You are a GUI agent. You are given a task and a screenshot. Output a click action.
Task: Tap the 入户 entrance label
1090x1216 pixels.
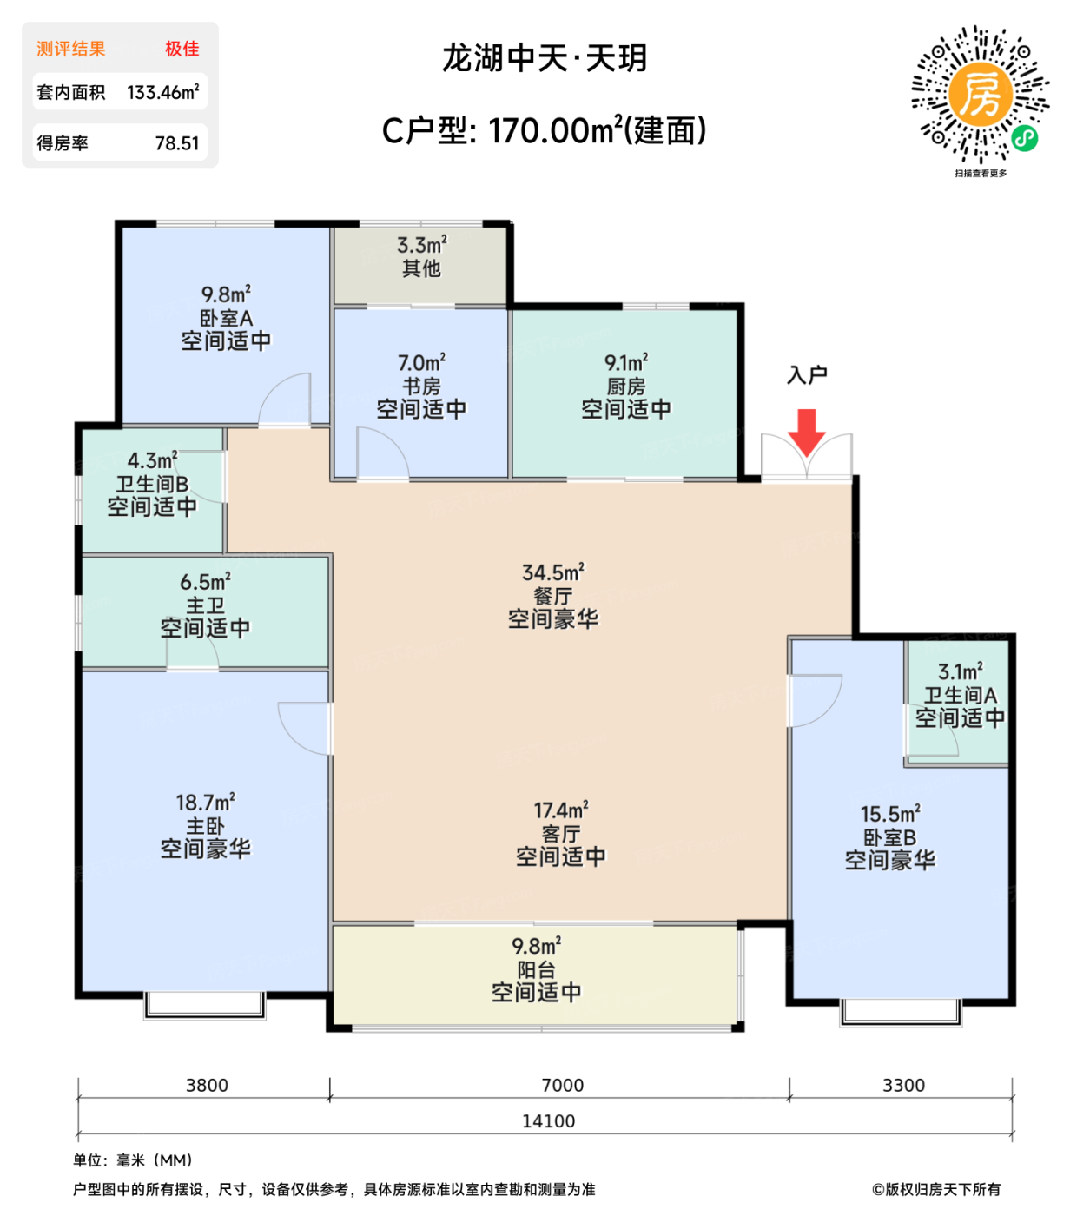(807, 374)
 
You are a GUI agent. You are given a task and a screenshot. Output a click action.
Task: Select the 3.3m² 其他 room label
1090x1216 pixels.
(421, 256)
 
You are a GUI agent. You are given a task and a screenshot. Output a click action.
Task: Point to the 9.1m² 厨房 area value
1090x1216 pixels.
(626, 362)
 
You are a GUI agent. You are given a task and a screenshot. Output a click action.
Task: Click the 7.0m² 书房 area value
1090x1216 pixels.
(421, 362)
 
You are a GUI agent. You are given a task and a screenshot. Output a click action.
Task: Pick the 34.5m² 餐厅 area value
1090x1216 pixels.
(552, 572)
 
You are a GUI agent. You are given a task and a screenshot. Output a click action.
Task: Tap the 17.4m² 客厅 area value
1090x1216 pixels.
(560, 810)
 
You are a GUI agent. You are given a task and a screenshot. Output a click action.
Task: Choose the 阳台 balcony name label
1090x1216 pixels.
(536, 969)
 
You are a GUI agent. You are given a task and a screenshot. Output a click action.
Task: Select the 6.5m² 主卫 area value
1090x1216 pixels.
(205, 581)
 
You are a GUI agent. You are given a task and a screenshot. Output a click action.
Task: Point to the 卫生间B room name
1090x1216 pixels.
(152, 483)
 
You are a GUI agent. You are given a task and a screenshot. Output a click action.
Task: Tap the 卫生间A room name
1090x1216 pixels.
(960, 695)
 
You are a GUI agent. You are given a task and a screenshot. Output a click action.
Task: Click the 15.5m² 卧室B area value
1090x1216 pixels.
(890, 813)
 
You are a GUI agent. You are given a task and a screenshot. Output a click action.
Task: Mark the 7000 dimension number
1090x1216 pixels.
(563, 1085)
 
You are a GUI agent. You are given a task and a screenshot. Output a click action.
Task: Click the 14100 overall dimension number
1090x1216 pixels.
(548, 1120)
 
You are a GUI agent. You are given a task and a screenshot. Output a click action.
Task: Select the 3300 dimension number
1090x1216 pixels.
(903, 1085)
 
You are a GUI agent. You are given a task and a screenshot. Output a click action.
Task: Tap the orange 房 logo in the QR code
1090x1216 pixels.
(981, 94)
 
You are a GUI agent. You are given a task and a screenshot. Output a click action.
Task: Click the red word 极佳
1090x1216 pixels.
(182, 49)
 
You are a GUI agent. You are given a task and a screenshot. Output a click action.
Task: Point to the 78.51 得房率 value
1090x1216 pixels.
(177, 142)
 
